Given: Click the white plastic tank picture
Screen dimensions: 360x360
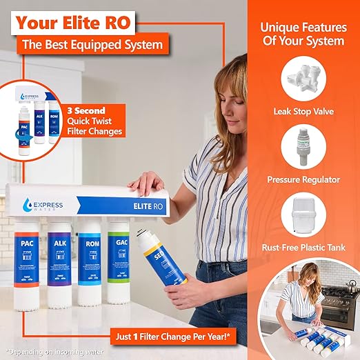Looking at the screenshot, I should pos(304,214).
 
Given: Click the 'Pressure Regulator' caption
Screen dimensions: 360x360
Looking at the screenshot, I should pos(304,179).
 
